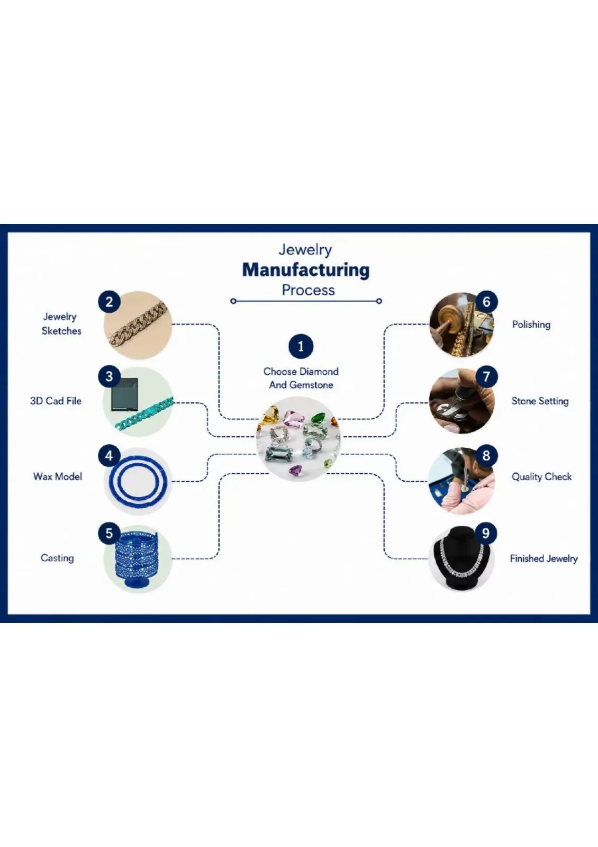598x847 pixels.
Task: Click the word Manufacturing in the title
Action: point(306,270)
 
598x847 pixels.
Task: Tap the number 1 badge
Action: point(301,346)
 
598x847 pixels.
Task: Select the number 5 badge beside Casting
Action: point(109,533)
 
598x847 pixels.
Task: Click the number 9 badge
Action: point(486,533)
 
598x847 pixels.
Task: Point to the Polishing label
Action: point(531,325)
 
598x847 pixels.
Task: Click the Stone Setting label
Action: point(540,401)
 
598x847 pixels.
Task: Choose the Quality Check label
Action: point(541,476)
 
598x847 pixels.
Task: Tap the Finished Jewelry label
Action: point(543,558)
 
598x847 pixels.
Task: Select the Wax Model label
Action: point(58,476)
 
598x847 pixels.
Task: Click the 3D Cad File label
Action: point(56,401)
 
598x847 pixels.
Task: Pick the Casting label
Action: point(57,558)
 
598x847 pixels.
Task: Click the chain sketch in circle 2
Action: point(138,325)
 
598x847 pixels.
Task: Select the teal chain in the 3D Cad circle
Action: point(144,413)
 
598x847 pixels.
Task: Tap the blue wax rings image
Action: point(138,480)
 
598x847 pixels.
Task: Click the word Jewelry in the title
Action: point(305,249)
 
